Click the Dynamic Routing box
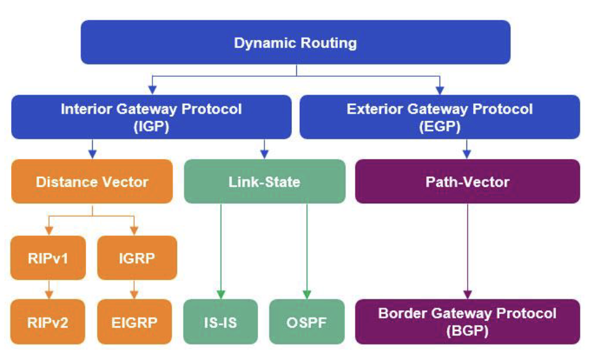tap(295, 42)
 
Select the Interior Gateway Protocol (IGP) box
tap(151, 117)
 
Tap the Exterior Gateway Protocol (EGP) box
tap(439, 117)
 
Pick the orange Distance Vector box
tap(92, 181)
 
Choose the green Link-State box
tap(264, 181)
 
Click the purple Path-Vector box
tap(467, 181)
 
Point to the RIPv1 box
tap(47, 257)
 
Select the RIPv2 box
tap(47, 321)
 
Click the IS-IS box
tap(221, 321)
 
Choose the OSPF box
tap(307, 321)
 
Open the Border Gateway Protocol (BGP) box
tap(467, 321)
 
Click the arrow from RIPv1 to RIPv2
tap(48, 289)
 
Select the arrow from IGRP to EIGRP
tap(135, 289)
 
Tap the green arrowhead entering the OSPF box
tap(307, 294)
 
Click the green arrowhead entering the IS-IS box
tap(221, 294)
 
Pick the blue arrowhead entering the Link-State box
tap(265, 154)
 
